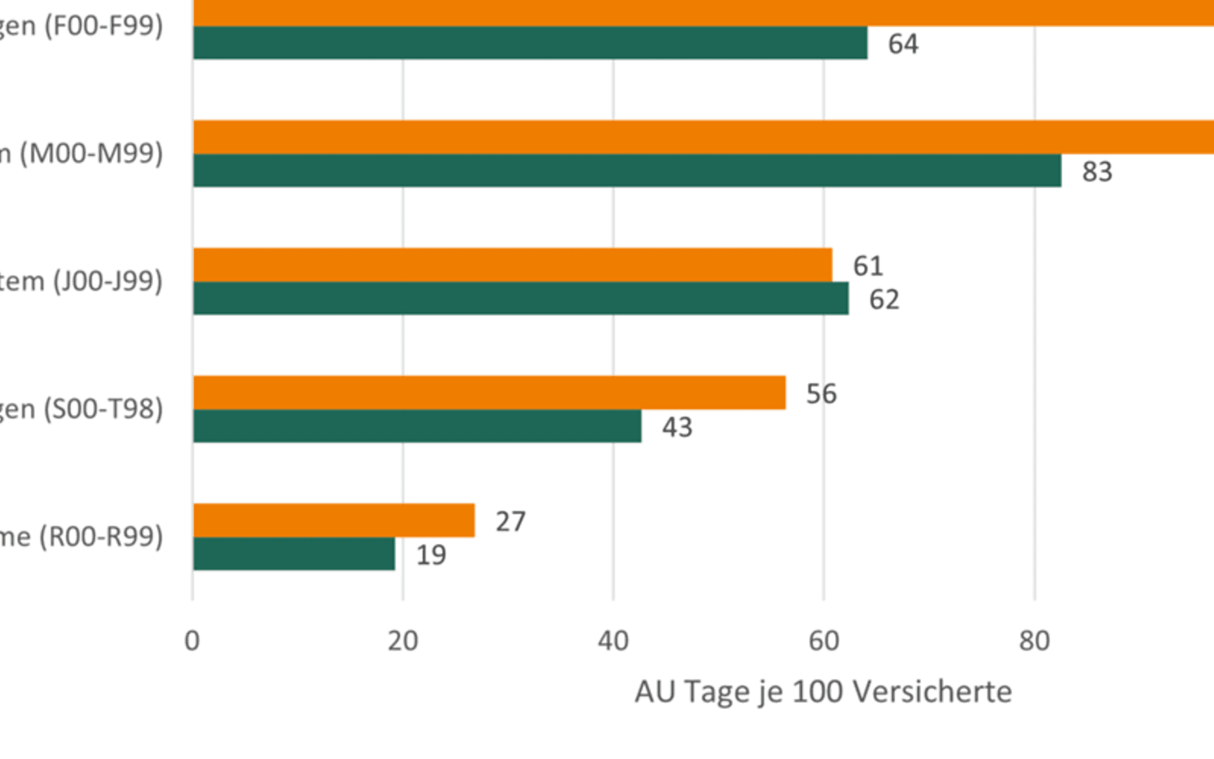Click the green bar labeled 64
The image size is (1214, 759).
coord(531,43)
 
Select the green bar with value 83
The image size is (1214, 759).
coord(627,171)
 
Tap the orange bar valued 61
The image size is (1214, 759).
coord(513,265)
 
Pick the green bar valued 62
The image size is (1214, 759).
coord(520,298)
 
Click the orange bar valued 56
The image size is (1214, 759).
coord(490,393)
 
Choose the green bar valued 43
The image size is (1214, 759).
coord(417,426)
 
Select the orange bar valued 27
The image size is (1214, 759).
coord(334,520)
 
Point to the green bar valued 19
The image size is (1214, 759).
coord(294,554)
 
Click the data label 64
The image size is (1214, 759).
coord(903,44)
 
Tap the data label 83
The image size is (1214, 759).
coord(1097,172)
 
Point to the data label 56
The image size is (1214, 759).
coord(821,394)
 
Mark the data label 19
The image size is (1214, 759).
coord(431,555)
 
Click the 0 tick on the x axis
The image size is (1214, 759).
coord(192,641)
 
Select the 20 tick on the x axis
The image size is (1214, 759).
coord(403,641)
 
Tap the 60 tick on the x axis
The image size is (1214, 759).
coord(824,641)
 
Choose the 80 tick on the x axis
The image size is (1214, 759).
coord(1034,641)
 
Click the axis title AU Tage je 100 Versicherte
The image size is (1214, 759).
coord(823,691)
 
